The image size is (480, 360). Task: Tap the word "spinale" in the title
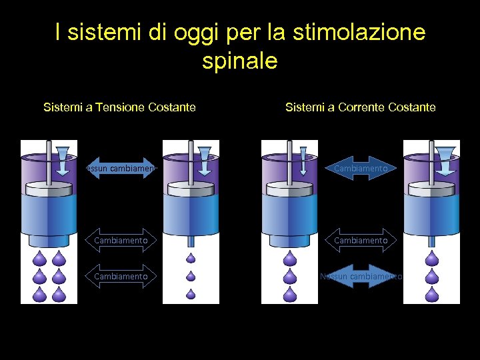pyautogui.click(x=239, y=61)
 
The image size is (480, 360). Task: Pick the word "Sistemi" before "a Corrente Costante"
pyautogui.click(x=306, y=107)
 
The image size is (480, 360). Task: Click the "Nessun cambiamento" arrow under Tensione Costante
pyautogui.click(x=121, y=169)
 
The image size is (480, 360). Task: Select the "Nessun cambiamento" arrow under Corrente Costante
pyautogui.click(x=361, y=276)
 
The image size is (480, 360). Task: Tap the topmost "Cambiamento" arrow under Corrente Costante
pyautogui.click(x=361, y=169)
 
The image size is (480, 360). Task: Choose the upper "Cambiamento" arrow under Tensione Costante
pyautogui.click(x=121, y=240)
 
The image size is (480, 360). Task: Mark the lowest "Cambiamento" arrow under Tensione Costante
pyautogui.click(x=121, y=276)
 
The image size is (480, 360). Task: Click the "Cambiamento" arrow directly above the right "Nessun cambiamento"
pyautogui.click(x=361, y=240)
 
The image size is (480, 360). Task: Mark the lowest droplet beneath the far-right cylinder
pyautogui.click(x=433, y=293)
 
